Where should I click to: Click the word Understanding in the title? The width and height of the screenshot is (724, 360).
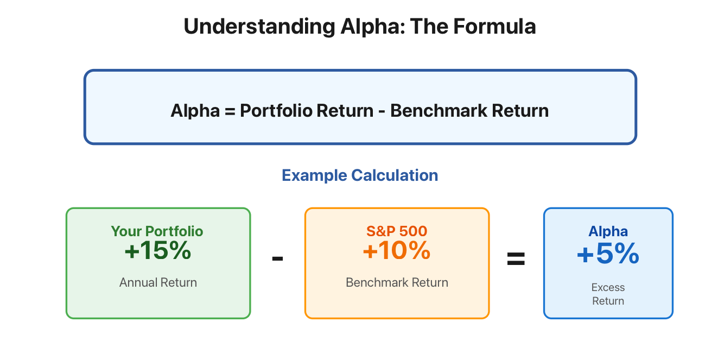pyautogui.click(x=259, y=27)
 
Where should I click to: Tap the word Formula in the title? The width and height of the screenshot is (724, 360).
pyautogui.click(x=494, y=26)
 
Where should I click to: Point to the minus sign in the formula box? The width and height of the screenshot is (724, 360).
pyautogui.click(x=382, y=112)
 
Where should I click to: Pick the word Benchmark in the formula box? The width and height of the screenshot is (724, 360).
pyautogui.click(x=439, y=111)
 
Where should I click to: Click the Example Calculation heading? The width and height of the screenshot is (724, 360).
pyautogui.click(x=360, y=175)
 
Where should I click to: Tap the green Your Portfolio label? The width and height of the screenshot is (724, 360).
pyautogui.click(x=157, y=231)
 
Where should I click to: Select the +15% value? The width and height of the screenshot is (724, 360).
pyautogui.click(x=158, y=250)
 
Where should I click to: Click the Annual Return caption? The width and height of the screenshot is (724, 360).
pyautogui.click(x=158, y=282)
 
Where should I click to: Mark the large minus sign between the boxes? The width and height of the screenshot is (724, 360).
pyautogui.click(x=277, y=258)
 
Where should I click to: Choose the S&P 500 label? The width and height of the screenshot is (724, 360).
pyautogui.click(x=397, y=231)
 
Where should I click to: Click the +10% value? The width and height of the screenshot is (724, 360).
pyautogui.click(x=397, y=250)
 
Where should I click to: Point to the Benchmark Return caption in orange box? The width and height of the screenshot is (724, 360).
pyautogui.click(x=397, y=282)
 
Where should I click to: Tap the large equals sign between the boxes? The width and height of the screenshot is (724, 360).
pyautogui.click(x=516, y=259)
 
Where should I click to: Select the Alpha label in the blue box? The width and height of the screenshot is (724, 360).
pyautogui.click(x=608, y=231)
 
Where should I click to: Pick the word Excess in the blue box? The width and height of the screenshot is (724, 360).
pyautogui.click(x=608, y=287)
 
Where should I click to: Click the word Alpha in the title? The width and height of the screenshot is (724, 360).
pyautogui.click(x=373, y=27)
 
